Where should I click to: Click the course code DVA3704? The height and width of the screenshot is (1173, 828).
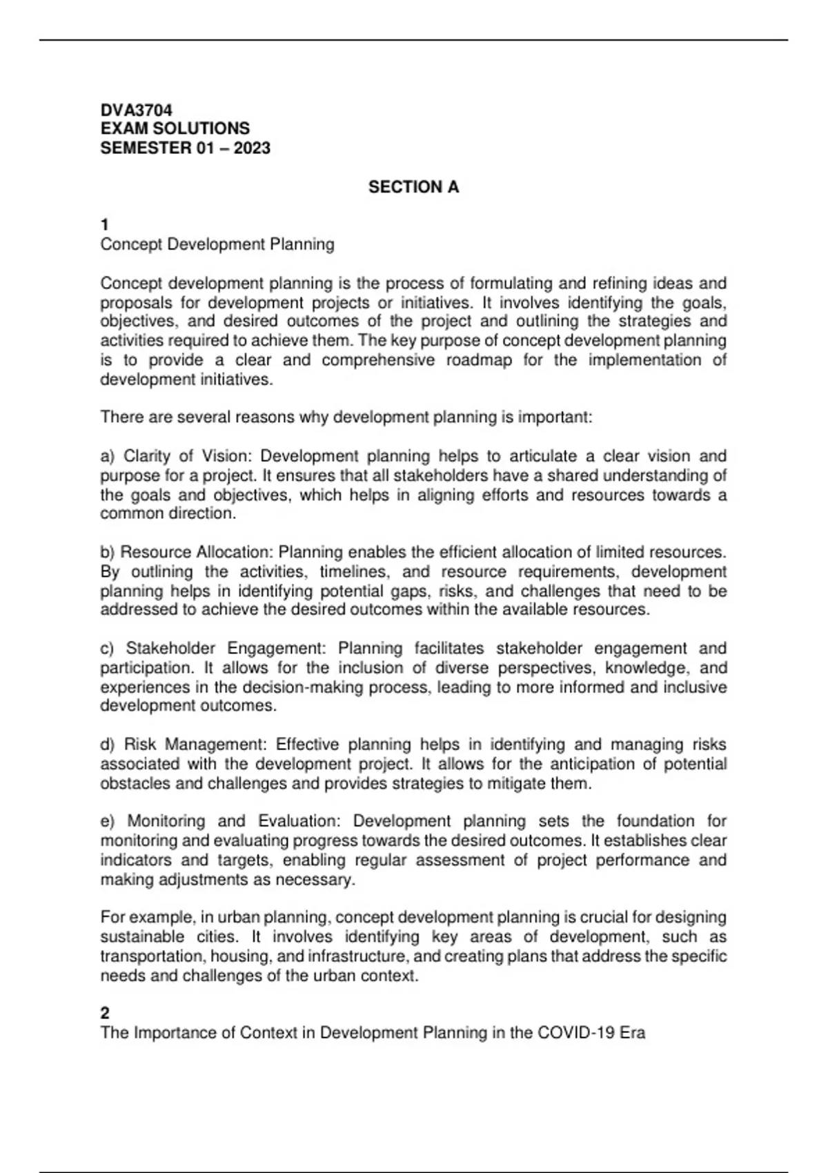tap(136, 110)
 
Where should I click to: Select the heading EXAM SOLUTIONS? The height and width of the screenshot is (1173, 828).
tap(175, 128)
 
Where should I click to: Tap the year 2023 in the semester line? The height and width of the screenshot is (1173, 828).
tap(252, 148)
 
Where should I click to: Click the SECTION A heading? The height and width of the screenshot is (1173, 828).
tap(413, 187)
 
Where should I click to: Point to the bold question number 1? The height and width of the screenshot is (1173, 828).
tap(105, 225)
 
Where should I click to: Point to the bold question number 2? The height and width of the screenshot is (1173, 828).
tap(105, 1013)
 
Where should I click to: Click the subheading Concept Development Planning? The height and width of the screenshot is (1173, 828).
tap(217, 244)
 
